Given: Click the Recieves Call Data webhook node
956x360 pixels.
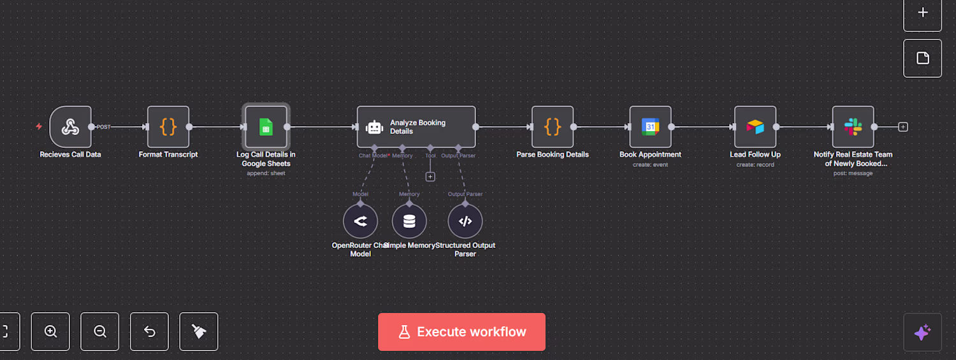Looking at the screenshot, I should point(70,127).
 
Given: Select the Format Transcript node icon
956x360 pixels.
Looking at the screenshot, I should point(168,127).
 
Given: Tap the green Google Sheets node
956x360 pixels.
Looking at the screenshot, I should point(266,127).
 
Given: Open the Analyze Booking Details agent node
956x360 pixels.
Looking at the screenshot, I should point(416,127).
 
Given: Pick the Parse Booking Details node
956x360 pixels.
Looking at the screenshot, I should point(553,127).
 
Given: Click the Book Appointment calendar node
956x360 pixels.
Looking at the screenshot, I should point(650,127).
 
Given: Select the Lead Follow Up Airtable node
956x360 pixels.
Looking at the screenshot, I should point(755,127).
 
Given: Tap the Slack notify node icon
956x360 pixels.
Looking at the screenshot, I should point(853,127).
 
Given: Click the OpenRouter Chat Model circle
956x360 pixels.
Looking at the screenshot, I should point(360,222).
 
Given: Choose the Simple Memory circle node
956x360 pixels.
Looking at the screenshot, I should point(409,222).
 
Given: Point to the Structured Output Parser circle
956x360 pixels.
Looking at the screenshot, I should point(465,222).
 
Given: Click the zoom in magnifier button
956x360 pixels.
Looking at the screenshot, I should point(50,331).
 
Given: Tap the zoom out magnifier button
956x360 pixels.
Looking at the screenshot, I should point(100,331).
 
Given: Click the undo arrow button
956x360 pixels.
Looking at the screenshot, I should point(149,331).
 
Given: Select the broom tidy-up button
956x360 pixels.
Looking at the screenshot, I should point(199,331).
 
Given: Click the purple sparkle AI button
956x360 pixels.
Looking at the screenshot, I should point(922,332).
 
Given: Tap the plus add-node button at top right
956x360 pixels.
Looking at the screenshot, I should point(922,13).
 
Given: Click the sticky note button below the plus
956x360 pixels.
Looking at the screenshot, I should point(922,58).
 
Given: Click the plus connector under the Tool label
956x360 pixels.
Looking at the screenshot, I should point(430,176).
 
